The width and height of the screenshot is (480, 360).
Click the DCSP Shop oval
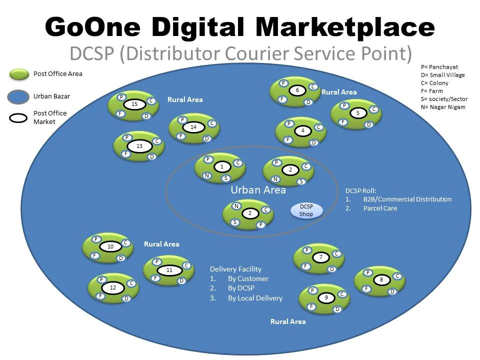coord(306,210)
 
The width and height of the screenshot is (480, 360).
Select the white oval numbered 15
coord(134,104)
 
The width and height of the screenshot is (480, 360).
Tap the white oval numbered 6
coord(297,90)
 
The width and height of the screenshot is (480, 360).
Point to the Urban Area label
coord(258,190)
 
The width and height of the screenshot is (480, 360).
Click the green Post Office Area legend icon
coord(19,74)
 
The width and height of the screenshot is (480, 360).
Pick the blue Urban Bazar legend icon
coord(19,96)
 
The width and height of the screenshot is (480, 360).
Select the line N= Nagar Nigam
coord(443,107)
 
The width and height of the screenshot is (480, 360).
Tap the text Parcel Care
coord(380,208)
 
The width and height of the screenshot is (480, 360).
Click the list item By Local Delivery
coord(255,298)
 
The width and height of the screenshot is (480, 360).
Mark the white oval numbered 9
coord(326,298)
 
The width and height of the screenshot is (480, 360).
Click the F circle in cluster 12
coord(100,296)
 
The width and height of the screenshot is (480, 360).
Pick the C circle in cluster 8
coord(397,276)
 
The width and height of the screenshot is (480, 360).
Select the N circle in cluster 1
coord(206,175)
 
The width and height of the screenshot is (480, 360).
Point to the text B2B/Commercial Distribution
coord(407,199)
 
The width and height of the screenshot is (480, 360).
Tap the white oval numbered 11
coord(169,270)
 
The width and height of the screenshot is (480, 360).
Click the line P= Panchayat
coord(439,67)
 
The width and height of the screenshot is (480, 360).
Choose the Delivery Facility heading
coord(235,269)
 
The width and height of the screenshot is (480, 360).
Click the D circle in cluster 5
coord(369,124)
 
